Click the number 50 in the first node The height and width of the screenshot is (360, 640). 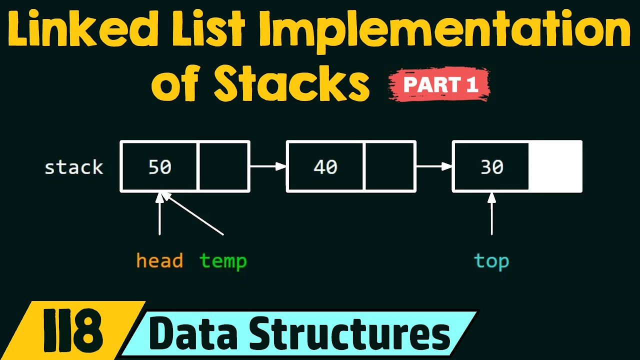tap(160, 167)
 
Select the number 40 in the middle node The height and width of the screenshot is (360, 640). tap(325, 167)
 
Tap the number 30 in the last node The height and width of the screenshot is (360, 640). tap(491, 167)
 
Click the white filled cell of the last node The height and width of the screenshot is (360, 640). tap(555, 166)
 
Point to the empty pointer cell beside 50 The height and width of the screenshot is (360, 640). tap(223, 166)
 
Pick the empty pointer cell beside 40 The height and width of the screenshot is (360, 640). tap(389, 166)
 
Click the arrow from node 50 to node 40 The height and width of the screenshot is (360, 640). tap(268, 166)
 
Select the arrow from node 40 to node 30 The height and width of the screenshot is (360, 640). tap(434, 166)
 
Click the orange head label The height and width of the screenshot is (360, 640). tap(159, 260)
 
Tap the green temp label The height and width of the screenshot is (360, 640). tap(223, 261)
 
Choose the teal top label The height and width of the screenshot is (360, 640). tap(491, 261)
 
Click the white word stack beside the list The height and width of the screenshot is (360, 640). tap(73, 167)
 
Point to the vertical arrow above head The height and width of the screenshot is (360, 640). tap(159, 213)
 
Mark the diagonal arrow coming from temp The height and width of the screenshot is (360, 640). tap(192, 213)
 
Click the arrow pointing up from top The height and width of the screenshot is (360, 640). tap(491, 213)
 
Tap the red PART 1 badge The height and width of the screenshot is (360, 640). tap(439, 84)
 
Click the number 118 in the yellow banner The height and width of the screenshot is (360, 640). tap(72, 330)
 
